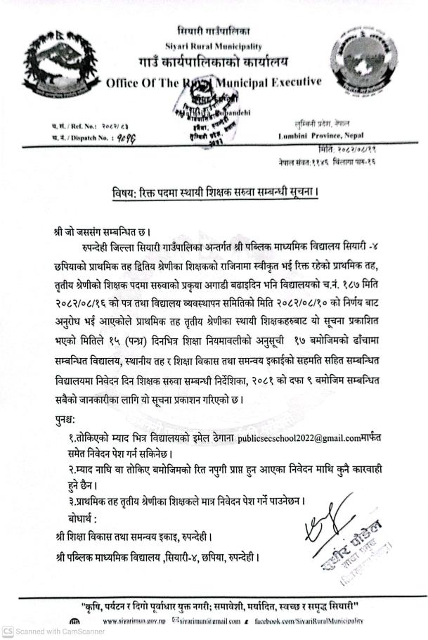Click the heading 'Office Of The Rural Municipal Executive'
pos(214,83)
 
